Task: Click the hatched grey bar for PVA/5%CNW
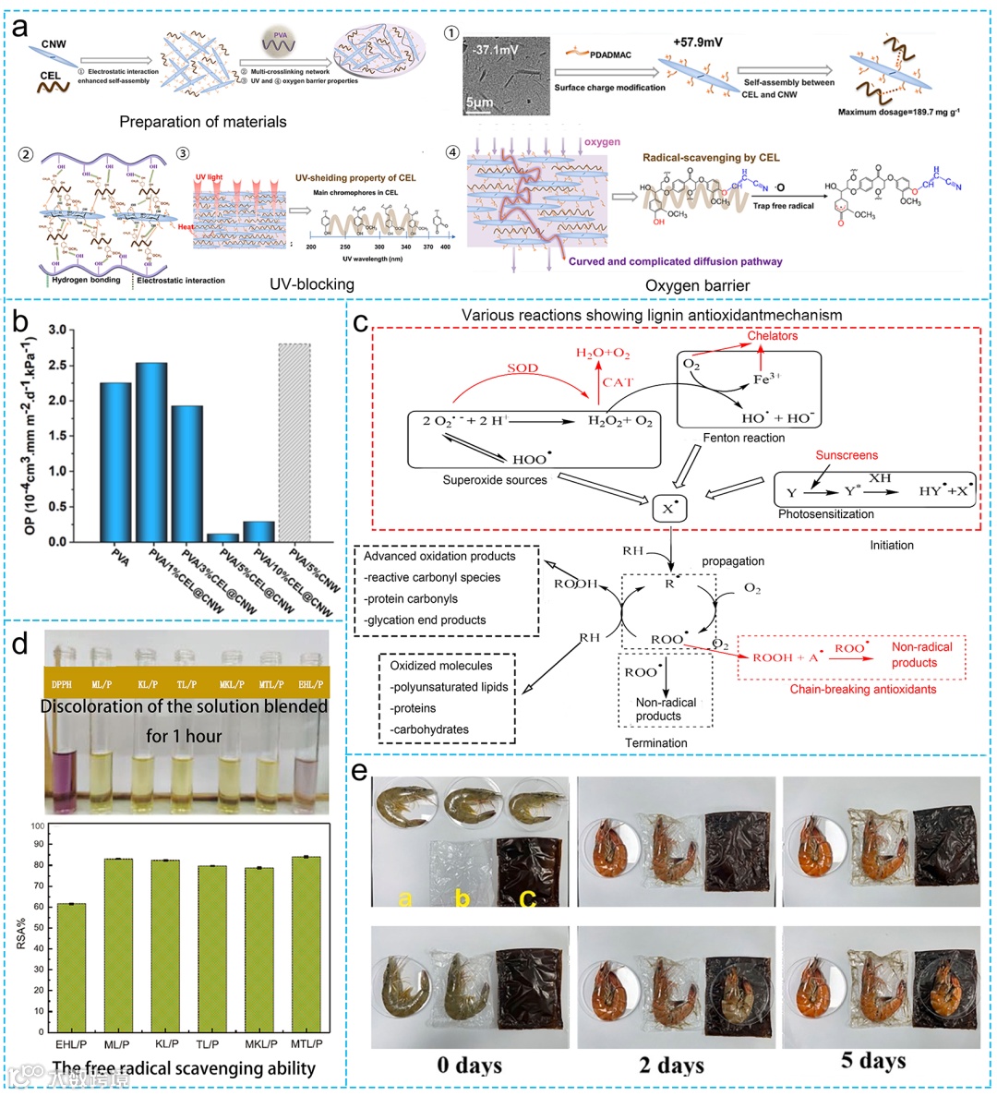pos(294,442)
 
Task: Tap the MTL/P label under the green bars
pos(305,1043)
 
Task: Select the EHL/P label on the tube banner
pos(310,685)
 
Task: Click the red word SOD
pos(523,368)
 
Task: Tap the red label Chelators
pos(773,336)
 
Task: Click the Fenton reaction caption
pos(744,438)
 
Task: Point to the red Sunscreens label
pos(847,455)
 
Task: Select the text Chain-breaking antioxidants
pos(862,689)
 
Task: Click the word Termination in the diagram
pos(656,743)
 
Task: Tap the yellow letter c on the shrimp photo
pos(527,897)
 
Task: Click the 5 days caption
pos(873,1061)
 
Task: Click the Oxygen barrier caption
pos(698,285)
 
